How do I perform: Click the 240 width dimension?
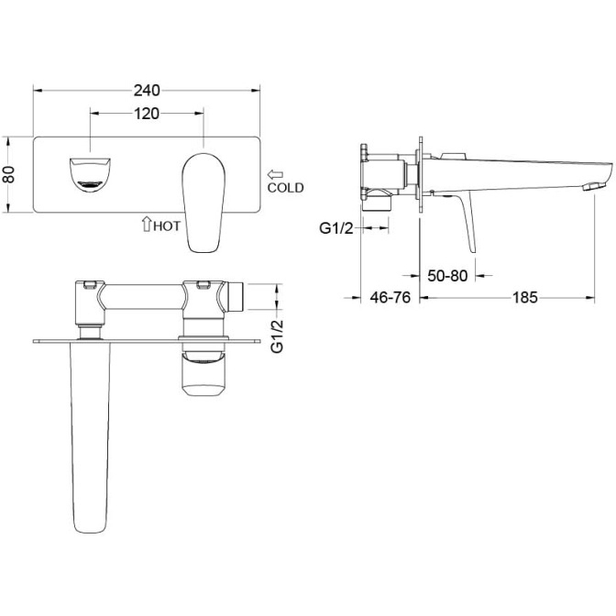[147, 91]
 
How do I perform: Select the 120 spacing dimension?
[147, 114]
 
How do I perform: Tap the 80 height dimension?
[8, 174]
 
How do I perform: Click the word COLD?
[286, 188]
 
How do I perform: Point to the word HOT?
[167, 225]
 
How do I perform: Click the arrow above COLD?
[275, 174]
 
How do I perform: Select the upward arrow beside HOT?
[147, 224]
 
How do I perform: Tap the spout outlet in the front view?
[90, 175]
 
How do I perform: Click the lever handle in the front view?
[203, 203]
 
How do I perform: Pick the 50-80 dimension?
[447, 276]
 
